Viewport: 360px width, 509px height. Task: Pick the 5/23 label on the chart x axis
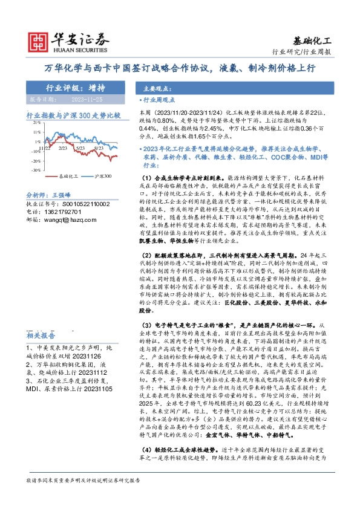tap(80, 147)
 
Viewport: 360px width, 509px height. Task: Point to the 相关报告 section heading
tap(42, 336)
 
